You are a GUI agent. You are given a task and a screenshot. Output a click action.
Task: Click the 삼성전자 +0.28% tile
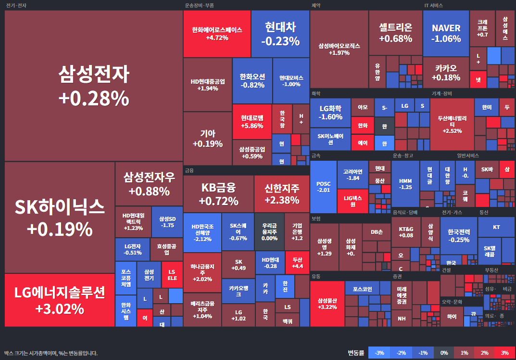pyautogui.click(x=94, y=86)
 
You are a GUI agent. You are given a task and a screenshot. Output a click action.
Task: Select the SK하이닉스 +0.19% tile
pyautogui.click(x=60, y=218)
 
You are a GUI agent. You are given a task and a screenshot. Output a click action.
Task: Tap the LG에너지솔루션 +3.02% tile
pyautogui.click(x=60, y=300)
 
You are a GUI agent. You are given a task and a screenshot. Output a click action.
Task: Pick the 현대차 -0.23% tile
pyautogui.click(x=280, y=34)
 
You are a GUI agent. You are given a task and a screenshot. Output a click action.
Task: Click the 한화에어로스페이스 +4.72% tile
pyautogui.click(x=217, y=34)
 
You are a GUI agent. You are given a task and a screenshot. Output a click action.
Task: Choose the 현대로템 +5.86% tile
pyautogui.click(x=252, y=121)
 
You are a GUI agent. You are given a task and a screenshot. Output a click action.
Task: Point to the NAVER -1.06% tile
pyautogui.click(x=446, y=33)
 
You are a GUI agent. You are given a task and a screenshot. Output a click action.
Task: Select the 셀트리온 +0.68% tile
pyautogui.click(x=395, y=33)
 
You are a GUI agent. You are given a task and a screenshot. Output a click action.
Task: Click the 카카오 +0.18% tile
pyautogui.click(x=446, y=72)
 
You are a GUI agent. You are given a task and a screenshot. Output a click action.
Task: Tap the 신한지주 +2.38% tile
pyautogui.click(x=282, y=193)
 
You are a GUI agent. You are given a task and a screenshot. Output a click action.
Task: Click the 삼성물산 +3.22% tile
pyautogui.click(x=327, y=303)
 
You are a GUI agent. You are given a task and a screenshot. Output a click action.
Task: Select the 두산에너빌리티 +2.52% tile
pyautogui.click(x=452, y=124)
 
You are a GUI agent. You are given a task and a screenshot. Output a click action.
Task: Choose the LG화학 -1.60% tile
pyautogui.click(x=330, y=113)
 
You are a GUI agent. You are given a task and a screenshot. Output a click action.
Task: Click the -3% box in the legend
pyautogui.click(x=378, y=353)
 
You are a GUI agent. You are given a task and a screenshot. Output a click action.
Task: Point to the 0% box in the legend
pyautogui.click(x=444, y=353)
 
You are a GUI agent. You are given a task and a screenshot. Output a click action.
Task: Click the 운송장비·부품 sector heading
pyautogui.click(x=199, y=5)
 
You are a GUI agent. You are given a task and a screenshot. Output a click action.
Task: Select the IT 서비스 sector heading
pyautogui.click(x=433, y=5)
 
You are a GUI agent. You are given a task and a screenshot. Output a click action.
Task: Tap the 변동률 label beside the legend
pyautogui.click(x=356, y=353)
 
